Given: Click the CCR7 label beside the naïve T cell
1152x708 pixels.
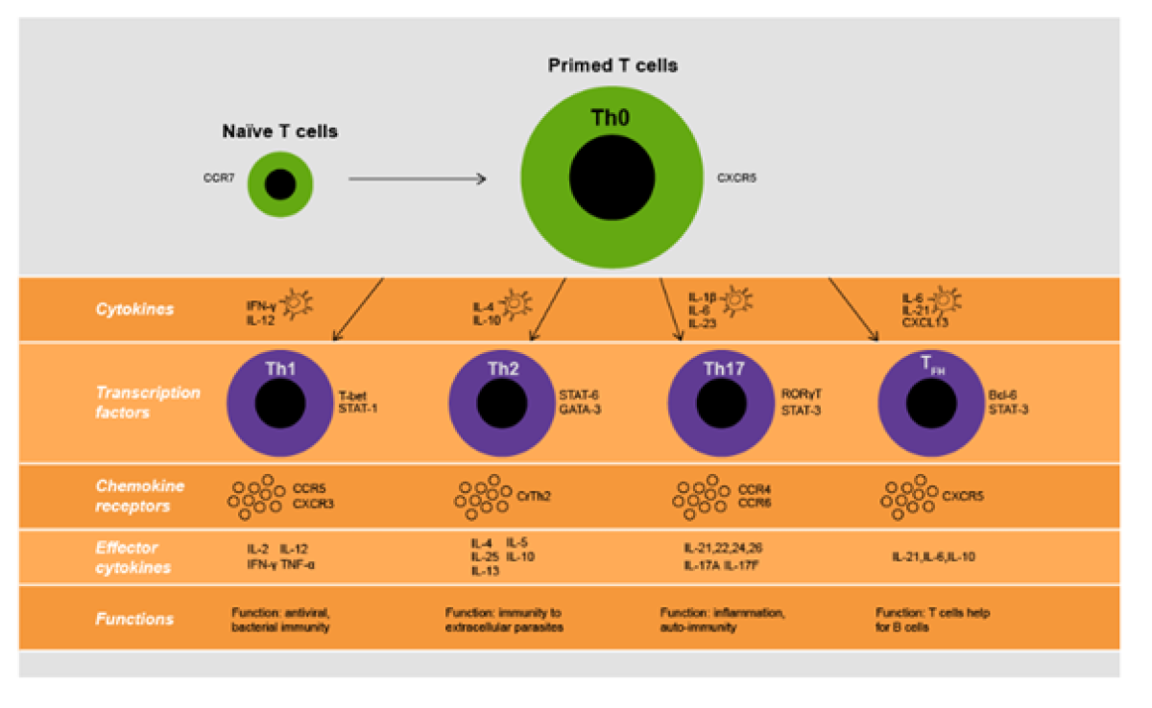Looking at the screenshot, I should [220, 177].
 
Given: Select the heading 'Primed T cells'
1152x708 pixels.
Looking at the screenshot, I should [612, 66].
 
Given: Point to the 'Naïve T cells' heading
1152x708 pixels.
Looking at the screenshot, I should [279, 131].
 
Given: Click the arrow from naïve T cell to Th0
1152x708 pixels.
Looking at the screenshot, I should [417, 178].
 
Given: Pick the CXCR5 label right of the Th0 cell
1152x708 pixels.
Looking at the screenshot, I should [737, 177].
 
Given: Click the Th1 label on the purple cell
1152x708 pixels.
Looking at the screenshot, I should [280, 368].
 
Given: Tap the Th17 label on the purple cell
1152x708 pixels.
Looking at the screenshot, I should [723, 368].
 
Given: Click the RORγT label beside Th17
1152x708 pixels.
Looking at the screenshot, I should [802, 394].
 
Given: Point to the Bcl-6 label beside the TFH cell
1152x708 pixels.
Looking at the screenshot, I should [1004, 394].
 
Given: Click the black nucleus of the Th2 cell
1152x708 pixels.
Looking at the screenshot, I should [501, 404].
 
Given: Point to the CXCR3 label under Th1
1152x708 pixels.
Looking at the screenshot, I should [313, 503].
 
